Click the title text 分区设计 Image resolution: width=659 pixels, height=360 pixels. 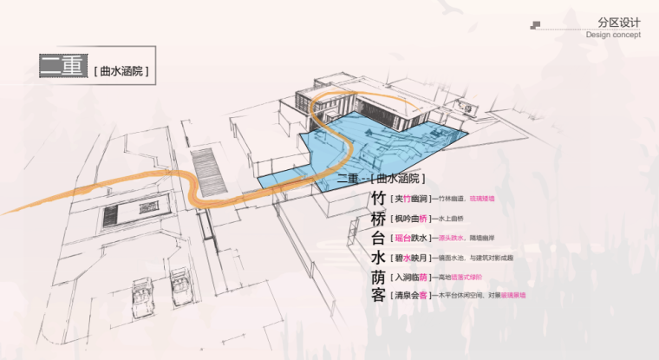pos(618,23)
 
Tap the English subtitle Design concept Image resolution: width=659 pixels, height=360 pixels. pos(613,36)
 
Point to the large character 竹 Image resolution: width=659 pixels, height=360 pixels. pos(378,199)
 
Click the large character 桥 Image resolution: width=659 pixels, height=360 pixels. pos(378,218)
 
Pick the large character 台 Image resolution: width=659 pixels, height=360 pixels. pos(378,238)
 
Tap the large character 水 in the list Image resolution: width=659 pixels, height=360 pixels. pos(378,258)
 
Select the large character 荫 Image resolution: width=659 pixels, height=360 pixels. pos(378,278)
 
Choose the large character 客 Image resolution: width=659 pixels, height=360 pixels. pos(378,296)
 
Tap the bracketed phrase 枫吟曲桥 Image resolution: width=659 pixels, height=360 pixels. pos(410,219)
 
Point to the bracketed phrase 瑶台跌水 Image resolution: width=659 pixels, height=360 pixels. pos(410,239)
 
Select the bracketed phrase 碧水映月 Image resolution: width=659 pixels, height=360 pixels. pos(410,258)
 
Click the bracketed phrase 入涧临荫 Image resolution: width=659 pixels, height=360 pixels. pos(410,278)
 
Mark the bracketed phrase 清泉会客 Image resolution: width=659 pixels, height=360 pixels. pos(410,296)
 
